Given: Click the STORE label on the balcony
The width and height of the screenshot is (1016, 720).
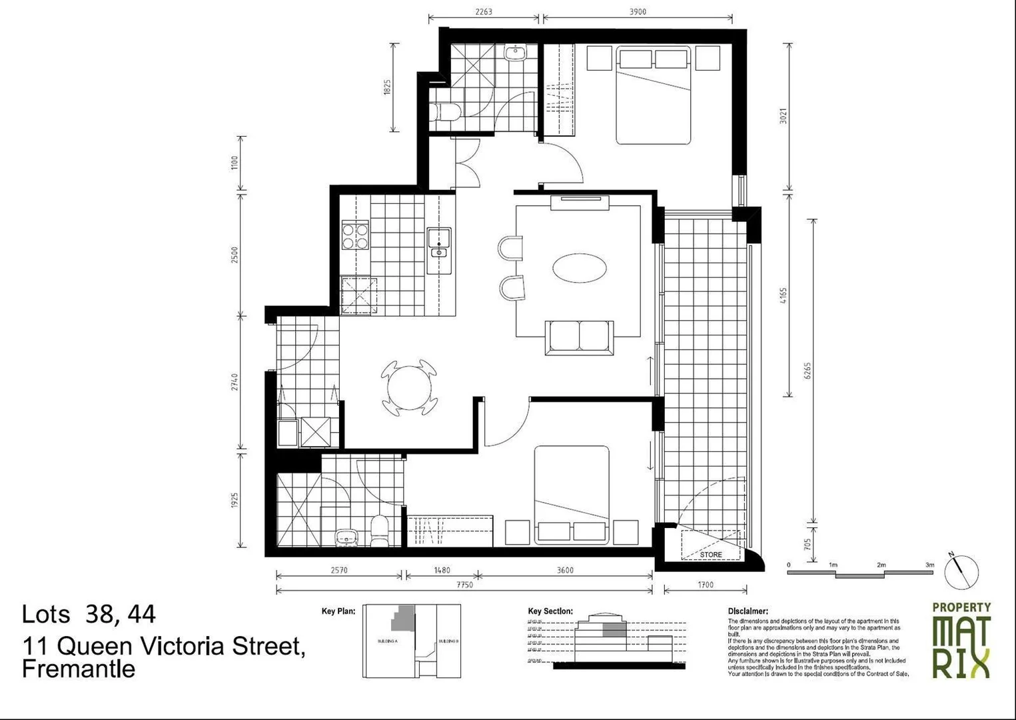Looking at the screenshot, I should tap(710, 554).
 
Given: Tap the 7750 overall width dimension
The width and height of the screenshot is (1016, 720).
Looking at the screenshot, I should tap(464, 585).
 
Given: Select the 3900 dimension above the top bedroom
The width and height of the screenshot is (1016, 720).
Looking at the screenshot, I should tap(637, 11).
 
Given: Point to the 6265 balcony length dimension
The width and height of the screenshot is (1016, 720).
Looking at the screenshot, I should tap(807, 371).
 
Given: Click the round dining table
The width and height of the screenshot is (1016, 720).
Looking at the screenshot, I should tap(410, 388).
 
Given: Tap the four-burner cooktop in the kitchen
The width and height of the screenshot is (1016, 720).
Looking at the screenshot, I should tap(355, 236).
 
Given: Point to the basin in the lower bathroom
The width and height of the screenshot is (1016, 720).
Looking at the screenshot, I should tap(346, 535).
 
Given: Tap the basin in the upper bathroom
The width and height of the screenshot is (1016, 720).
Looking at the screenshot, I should tap(515, 53).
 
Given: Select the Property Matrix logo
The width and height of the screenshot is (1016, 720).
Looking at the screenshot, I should tap(961, 640).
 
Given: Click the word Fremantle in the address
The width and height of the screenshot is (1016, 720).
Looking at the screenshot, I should tap(79, 669).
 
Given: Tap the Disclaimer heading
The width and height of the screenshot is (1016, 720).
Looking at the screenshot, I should tap(748, 611).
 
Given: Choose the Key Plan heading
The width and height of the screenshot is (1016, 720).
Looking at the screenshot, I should tap(338, 611).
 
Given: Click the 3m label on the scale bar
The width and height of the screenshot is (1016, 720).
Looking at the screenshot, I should tap(929, 565).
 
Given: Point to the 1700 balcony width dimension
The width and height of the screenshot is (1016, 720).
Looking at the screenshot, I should tap(705, 585).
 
